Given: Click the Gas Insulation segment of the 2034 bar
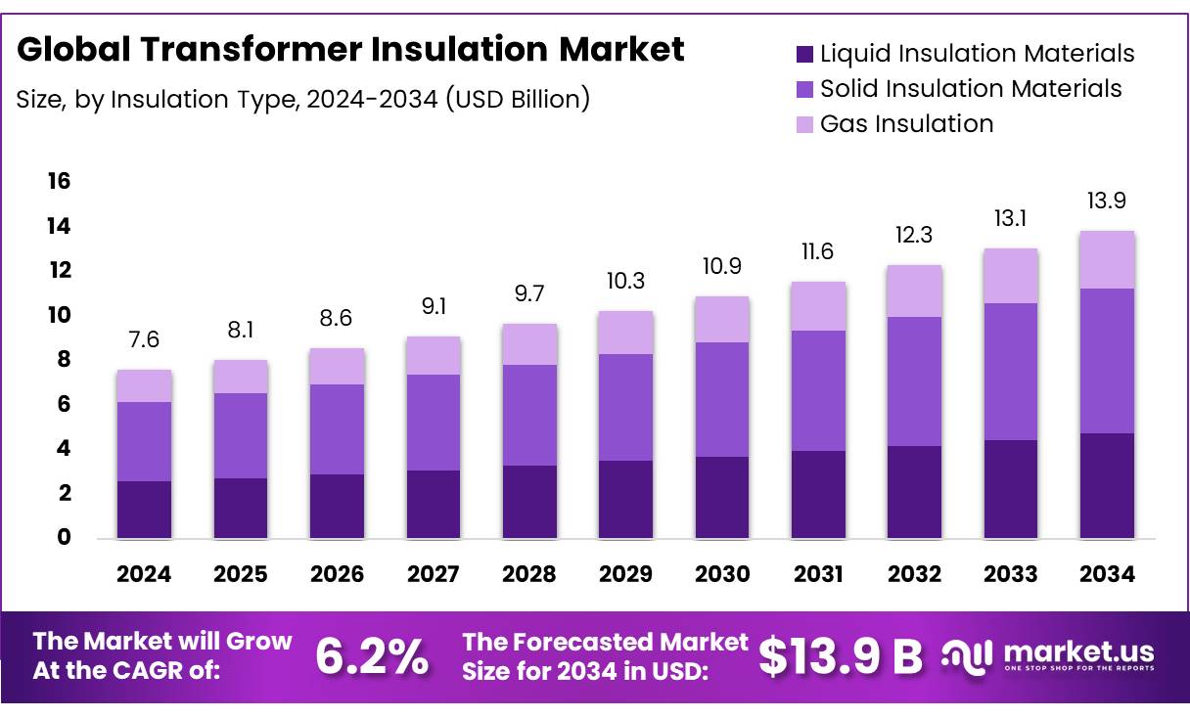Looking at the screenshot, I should tap(1107, 260).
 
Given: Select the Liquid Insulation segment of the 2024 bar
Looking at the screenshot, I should tap(144, 509).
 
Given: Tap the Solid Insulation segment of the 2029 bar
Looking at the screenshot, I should tap(625, 407).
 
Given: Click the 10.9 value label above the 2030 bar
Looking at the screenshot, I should tap(722, 267).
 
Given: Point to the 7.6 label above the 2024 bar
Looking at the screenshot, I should tap(144, 340).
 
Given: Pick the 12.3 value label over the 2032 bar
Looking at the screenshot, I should tap(914, 236).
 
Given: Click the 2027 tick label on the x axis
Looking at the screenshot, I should tap(433, 575).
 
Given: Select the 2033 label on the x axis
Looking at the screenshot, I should tap(1011, 575).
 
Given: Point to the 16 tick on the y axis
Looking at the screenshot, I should tap(58, 181).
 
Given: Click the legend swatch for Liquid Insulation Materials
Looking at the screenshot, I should tap(804, 54).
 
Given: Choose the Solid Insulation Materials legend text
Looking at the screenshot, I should tap(970, 89).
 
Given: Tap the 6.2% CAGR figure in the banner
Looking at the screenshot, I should tap(371, 656).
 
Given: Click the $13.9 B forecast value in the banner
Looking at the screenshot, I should tap(841, 656).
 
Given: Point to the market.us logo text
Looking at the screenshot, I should tap(1078, 651).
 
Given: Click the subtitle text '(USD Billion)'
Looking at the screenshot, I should tap(518, 99).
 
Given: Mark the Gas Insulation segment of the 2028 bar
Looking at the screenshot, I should tap(529, 344).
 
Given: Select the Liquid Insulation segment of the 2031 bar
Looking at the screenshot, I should tap(818, 494).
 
